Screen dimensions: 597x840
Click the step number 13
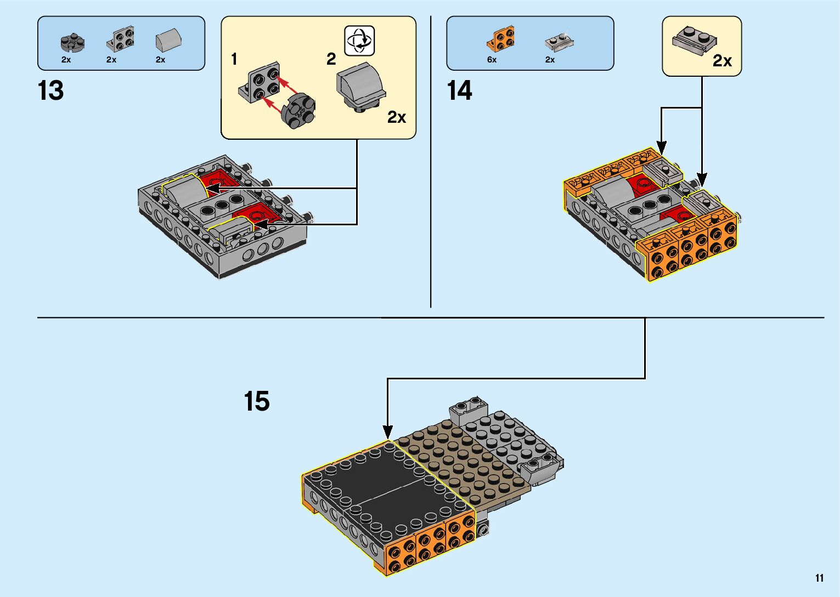coord(50,91)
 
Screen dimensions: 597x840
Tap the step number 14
coord(459,91)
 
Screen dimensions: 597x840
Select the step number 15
coord(257,401)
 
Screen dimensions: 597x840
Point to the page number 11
coord(819,578)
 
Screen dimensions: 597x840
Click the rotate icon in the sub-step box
coord(359,41)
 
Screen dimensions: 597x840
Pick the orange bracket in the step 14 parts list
coord(501,38)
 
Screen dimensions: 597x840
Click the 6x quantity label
coord(492,60)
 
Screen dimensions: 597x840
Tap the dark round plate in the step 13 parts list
coord(71,42)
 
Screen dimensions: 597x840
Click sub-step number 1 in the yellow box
coord(234,59)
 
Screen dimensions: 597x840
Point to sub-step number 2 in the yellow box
coord(331,59)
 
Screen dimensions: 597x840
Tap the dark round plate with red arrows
coord(297,111)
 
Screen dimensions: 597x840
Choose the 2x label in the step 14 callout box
coord(722,61)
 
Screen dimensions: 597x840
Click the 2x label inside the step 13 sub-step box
coord(396,117)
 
